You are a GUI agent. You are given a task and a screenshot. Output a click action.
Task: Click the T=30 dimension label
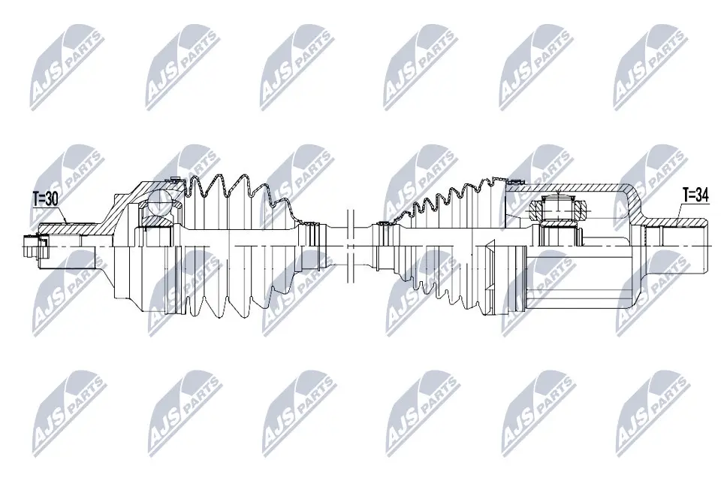coord(44,198)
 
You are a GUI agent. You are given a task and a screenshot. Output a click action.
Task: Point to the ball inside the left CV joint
coord(160,204)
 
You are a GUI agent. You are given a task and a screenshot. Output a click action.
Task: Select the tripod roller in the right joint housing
coord(557,206)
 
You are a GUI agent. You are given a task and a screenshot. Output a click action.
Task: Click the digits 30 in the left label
coord(52,198)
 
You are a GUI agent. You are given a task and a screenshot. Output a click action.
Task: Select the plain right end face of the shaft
coord(709,244)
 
